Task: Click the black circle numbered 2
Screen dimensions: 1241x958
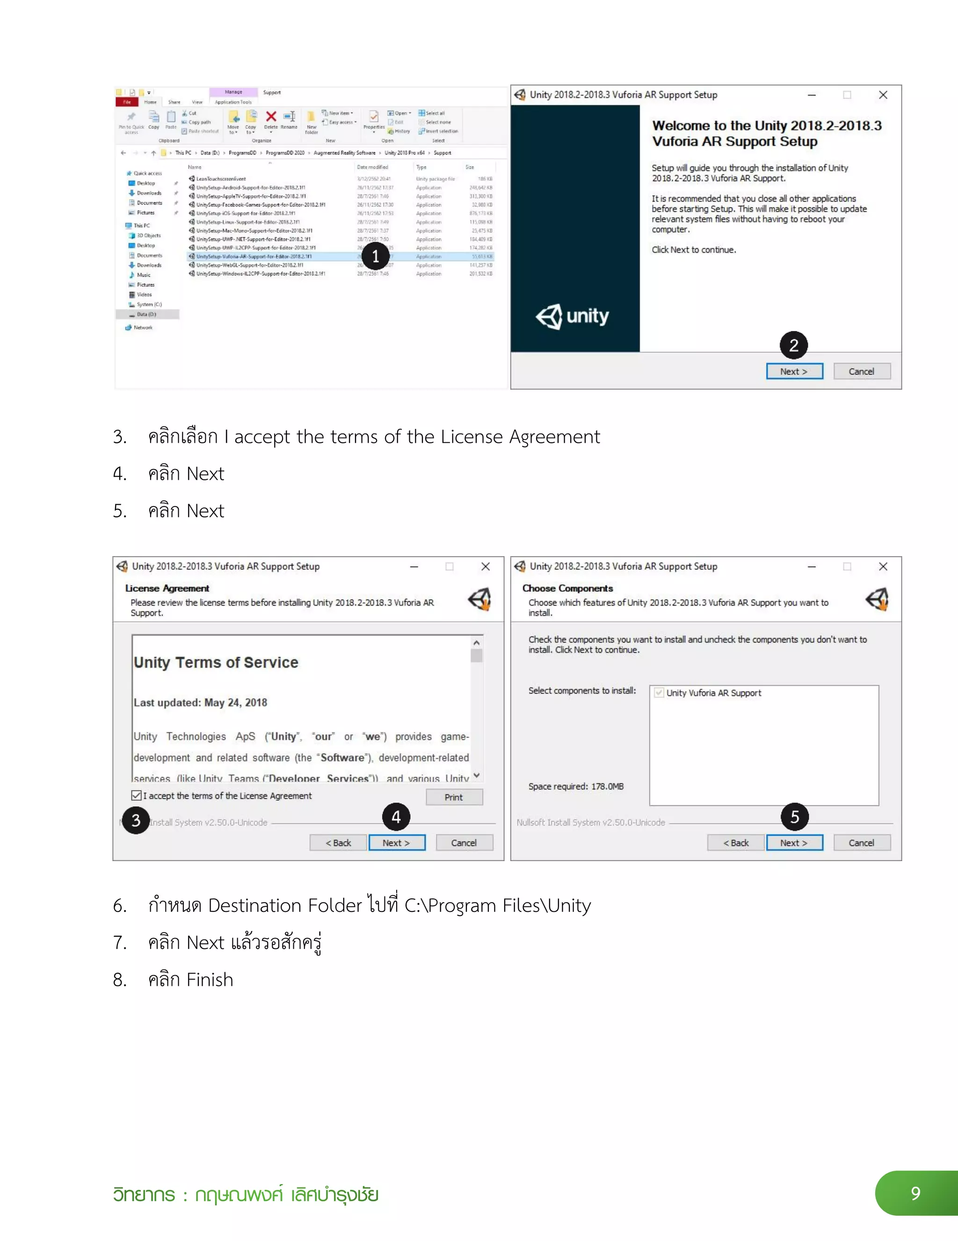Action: coord(794,345)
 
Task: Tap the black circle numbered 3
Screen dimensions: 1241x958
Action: coord(136,820)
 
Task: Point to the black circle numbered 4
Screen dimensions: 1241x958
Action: coord(396,816)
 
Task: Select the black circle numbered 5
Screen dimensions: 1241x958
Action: coord(794,816)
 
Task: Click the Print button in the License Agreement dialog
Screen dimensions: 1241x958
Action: coord(454,797)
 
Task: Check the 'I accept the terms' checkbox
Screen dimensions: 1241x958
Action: coord(136,795)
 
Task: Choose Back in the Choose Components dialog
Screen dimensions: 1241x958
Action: coord(736,843)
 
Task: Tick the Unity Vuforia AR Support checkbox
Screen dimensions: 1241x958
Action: coord(659,693)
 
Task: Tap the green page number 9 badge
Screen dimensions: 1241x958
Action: coord(915,1193)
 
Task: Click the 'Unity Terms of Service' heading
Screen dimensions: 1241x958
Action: coord(216,662)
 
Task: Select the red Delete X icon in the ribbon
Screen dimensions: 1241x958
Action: coord(271,117)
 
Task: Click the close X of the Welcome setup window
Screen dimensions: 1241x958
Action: coord(883,95)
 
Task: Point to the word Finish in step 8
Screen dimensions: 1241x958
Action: coord(210,980)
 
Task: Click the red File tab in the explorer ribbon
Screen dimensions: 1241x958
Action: coord(127,102)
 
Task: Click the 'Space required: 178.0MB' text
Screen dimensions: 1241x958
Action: coord(576,786)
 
